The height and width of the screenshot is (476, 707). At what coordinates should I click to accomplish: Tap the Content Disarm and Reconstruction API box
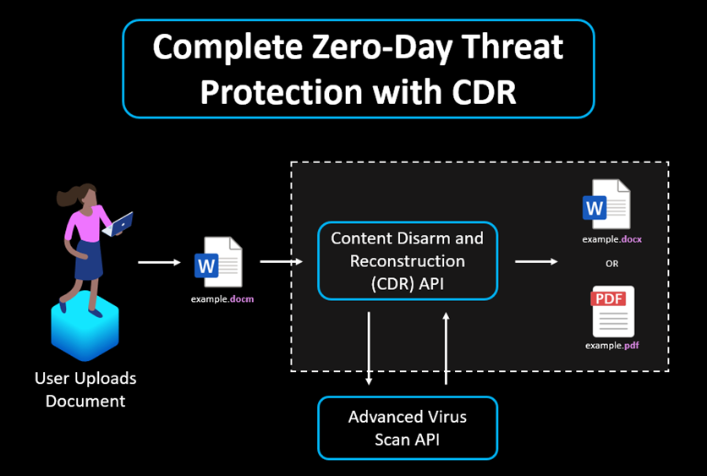407,260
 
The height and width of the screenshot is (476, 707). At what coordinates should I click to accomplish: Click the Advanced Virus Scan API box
407,428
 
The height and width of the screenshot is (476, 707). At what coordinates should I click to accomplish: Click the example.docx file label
611,239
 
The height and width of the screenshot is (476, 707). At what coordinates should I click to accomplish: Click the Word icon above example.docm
218,263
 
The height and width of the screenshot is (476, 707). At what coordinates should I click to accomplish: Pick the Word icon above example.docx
606,205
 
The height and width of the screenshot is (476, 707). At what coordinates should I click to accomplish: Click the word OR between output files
611,264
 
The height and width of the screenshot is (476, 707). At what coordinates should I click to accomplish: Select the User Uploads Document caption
85,389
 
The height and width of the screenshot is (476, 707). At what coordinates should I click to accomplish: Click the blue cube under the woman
85,326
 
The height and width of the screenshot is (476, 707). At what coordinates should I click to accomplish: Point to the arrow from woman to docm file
159,262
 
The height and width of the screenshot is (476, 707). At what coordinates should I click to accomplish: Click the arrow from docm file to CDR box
282,261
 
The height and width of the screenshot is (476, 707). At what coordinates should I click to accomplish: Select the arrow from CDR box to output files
536,261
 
